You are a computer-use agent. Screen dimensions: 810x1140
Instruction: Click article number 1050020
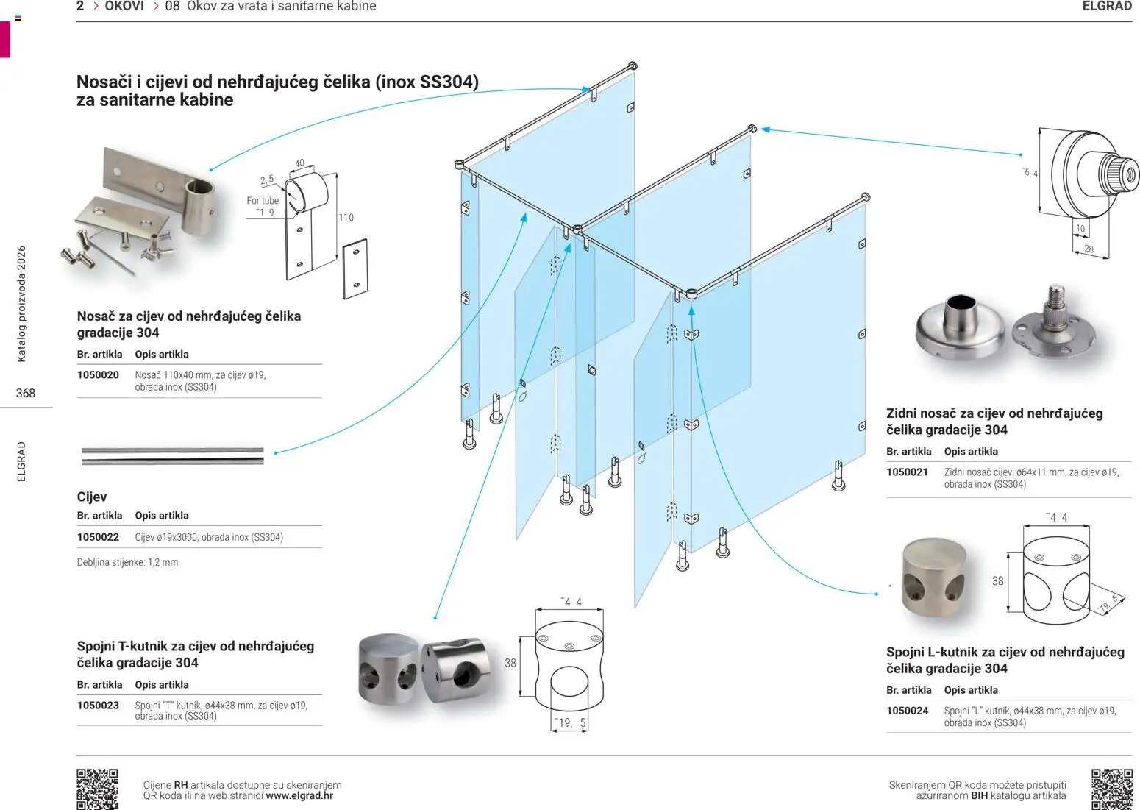click(x=98, y=375)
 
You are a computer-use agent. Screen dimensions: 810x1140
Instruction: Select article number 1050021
click(x=907, y=472)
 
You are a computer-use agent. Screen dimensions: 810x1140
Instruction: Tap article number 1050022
click(x=98, y=537)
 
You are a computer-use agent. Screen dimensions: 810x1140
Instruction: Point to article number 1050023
click(x=98, y=706)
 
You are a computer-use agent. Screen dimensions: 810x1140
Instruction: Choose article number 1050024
click(x=907, y=711)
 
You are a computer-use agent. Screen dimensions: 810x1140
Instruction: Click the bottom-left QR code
click(x=97, y=789)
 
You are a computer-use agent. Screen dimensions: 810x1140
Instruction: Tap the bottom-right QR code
click(x=1111, y=789)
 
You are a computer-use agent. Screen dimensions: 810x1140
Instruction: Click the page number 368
click(x=26, y=394)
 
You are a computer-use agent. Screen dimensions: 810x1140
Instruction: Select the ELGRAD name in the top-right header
click(x=1107, y=6)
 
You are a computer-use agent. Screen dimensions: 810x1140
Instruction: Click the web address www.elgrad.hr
click(x=299, y=796)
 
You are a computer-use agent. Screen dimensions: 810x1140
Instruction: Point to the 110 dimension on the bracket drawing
click(x=346, y=218)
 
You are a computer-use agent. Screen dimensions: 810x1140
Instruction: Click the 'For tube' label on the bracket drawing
click(x=263, y=201)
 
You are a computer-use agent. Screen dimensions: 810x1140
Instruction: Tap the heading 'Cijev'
click(x=92, y=497)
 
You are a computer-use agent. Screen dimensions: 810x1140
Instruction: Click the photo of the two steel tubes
click(x=172, y=456)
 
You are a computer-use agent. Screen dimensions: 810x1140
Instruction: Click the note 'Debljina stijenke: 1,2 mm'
click(x=127, y=563)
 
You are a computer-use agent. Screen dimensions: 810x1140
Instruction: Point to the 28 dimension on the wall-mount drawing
click(x=1089, y=249)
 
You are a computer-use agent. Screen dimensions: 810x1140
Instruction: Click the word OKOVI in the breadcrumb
click(x=124, y=6)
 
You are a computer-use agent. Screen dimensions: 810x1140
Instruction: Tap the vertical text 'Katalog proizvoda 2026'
click(x=21, y=304)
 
